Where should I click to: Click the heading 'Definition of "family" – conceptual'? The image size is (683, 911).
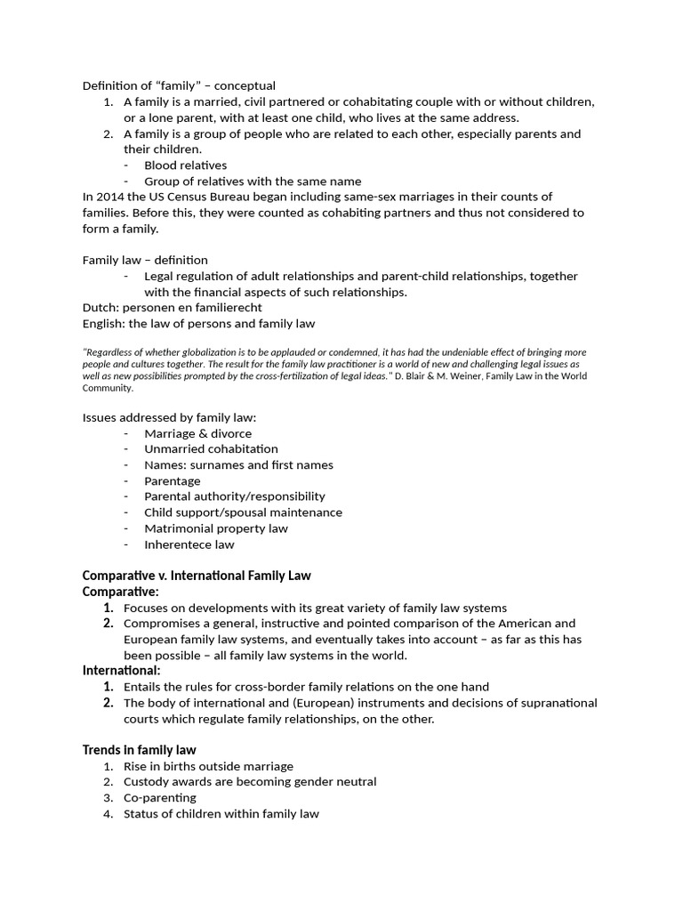[x=179, y=85]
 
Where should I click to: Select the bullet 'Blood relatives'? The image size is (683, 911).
[x=185, y=165]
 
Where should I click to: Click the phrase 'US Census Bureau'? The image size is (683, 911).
[x=181, y=197]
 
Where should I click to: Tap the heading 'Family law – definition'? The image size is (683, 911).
[x=145, y=260]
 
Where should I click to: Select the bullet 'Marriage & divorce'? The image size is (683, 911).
[x=197, y=433]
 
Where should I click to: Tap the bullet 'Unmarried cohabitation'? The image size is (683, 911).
[x=211, y=449]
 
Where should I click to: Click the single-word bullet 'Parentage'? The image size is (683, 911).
[x=173, y=481]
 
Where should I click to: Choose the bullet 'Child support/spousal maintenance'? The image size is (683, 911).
[x=243, y=512]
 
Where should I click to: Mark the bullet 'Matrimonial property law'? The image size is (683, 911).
[x=216, y=528]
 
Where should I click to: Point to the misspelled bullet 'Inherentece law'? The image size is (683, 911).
[x=189, y=544]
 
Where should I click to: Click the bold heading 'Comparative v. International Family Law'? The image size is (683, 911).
[x=197, y=576]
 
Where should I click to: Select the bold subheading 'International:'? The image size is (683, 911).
[x=122, y=670]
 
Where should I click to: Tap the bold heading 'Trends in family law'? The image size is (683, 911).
[x=140, y=750]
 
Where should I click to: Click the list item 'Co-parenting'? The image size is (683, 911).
[x=160, y=798]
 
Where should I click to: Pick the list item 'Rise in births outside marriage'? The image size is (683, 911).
[x=208, y=766]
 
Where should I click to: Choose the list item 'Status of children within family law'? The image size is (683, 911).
[x=221, y=814]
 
